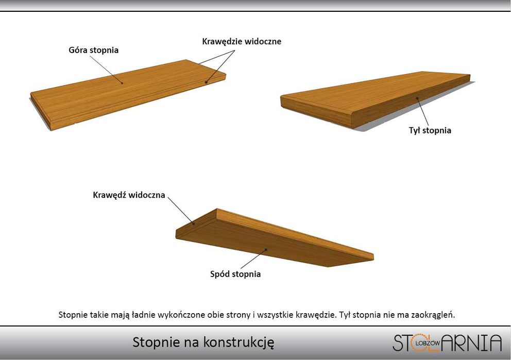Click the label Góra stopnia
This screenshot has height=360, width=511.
(94, 50)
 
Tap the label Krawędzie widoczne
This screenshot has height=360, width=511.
(242, 41)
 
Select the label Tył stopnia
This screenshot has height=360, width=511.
(430, 130)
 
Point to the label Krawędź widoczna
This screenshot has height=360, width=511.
(129, 195)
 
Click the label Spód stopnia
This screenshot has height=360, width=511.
(235, 274)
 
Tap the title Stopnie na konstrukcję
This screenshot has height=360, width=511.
(203, 342)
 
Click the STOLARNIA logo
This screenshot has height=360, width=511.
(447, 342)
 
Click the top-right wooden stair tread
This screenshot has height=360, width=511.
(376, 98)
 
